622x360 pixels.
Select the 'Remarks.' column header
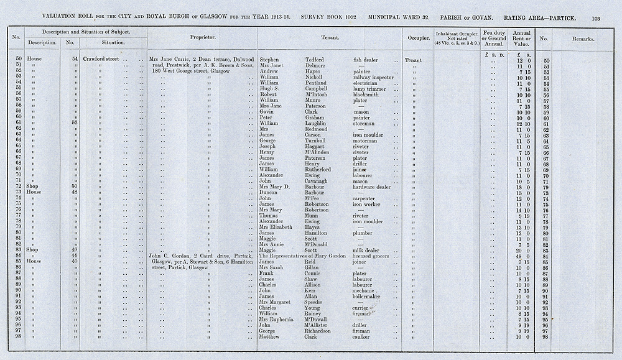click(583, 38)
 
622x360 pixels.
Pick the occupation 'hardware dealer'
click(372, 187)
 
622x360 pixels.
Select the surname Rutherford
click(321, 170)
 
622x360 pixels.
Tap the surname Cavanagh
click(319, 181)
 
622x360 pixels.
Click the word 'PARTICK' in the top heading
click(569, 19)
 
